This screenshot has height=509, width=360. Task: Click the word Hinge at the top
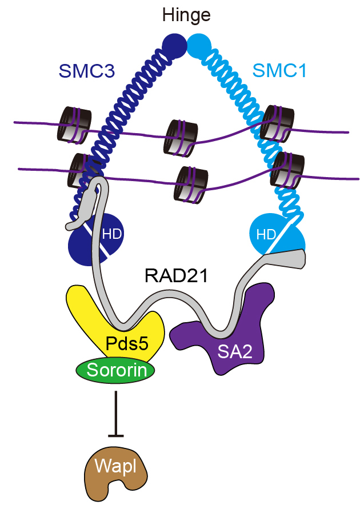[x=186, y=15]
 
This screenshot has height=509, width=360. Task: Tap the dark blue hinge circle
[x=173, y=45]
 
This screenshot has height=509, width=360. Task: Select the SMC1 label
[x=281, y=71]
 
